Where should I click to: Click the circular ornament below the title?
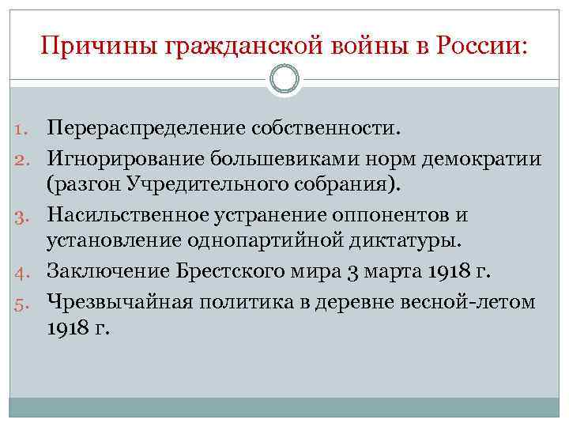click(x=284, y=79)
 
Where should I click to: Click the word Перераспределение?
click(x=147, y=127)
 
